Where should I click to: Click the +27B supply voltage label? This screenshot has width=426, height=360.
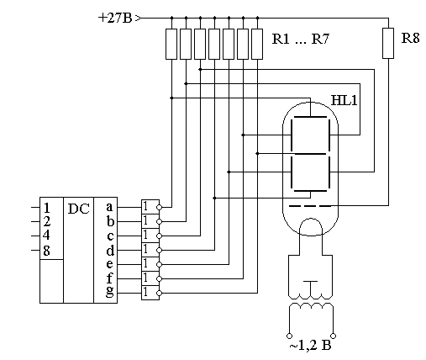[x=115, y=19]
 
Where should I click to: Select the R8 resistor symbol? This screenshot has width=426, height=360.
[x=388, y=43]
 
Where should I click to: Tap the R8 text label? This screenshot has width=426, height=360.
[x=410, y=38]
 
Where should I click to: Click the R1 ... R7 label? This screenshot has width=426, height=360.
[x=301, y=39]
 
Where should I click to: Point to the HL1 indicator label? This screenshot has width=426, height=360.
[x=344, y=100]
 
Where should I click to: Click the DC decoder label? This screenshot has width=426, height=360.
[x=79, y=209]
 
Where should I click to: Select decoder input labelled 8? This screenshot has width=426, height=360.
[x=46, y=251]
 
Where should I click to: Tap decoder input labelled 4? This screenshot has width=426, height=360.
[x=46, y=235]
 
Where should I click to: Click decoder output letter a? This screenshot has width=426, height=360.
[x=109, y=207]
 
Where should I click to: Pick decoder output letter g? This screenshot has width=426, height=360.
[x=110, y=292]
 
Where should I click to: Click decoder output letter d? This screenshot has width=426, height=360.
[x=110, y=250]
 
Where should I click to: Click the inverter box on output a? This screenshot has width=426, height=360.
[x=150, y=207]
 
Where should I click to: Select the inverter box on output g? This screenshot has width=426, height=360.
[x=150, y=293]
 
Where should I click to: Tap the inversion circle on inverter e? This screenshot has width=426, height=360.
[x=159, y=264]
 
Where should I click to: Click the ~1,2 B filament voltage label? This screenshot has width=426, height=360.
[x=310, y=346]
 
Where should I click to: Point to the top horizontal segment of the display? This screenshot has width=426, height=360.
[x=310, y=117]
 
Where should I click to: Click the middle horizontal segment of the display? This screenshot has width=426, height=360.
[x=310, y=154]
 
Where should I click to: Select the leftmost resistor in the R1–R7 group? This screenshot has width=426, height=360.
[x=171, y=44]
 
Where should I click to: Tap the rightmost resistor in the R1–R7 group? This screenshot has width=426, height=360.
[x=257, y=44]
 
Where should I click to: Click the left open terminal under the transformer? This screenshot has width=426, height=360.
[x=289, y=336]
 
